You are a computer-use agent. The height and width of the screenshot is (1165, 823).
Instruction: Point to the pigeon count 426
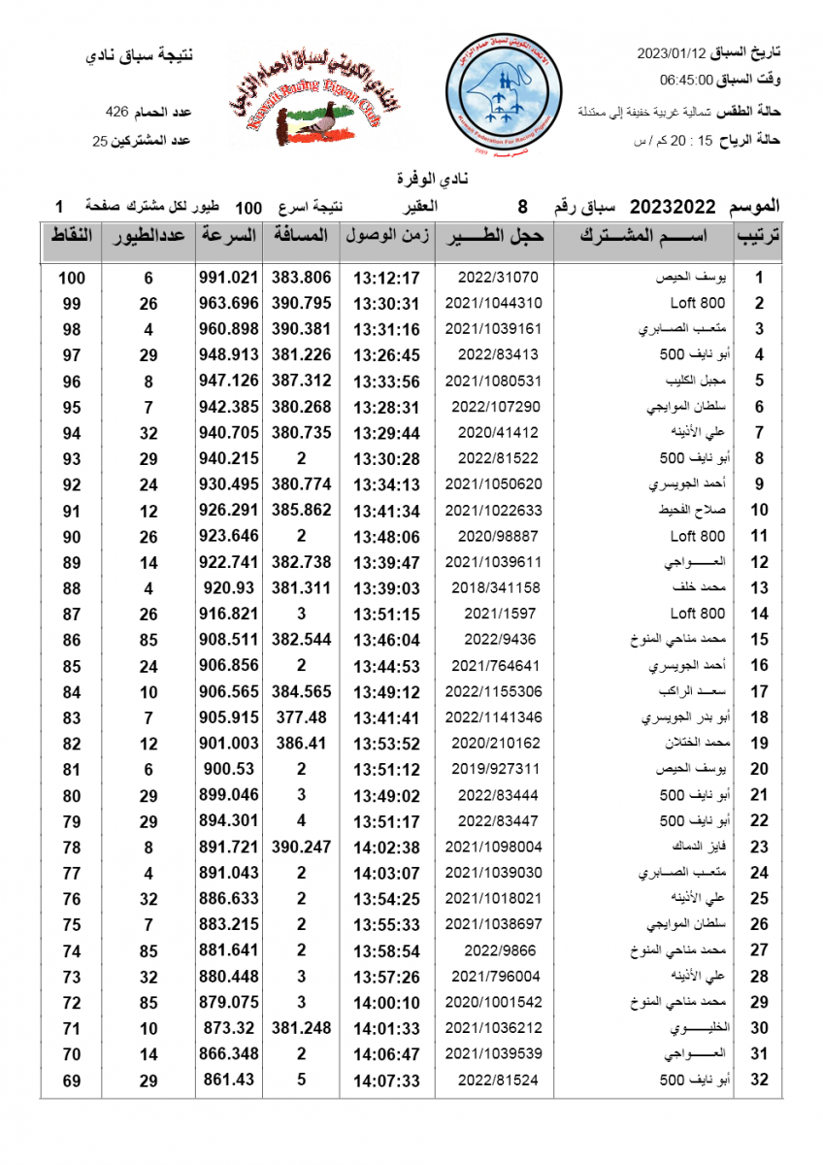pos(116,113)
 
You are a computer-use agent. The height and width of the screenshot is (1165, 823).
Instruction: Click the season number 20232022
pos(673,207)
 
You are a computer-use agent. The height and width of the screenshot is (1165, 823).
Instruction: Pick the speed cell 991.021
pos(229,278)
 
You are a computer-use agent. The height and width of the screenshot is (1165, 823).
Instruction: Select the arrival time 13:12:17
pos(385,278)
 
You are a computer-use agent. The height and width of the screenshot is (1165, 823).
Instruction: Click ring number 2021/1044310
pos(493,303)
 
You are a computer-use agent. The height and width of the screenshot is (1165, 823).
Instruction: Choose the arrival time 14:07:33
pos(385,1081)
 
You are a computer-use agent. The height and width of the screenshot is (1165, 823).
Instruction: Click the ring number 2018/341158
pos(493,587)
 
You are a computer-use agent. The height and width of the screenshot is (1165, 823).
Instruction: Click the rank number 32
pos(759,1081)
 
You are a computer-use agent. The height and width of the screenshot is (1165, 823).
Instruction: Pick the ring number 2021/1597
pos(493,614)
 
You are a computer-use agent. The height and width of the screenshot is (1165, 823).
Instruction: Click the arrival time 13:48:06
pos(385,536)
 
